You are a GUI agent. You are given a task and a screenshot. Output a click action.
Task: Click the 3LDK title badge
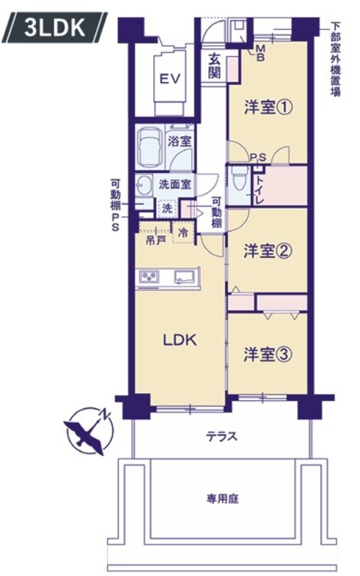[54, 28]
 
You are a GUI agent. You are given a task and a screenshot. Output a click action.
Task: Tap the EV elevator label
[170, 78]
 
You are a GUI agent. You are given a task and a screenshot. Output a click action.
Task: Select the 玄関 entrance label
[215, 66]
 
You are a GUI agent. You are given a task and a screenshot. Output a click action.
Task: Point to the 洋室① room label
[268, 108]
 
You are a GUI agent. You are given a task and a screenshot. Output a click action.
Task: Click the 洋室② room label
[268, 251]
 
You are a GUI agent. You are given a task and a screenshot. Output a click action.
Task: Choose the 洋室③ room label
[268, 355]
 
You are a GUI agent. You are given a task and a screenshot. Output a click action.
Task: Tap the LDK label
[180, 340]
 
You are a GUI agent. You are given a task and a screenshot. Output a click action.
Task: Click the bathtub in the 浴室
[150, 147]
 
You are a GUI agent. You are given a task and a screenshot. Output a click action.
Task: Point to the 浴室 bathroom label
[180, 141]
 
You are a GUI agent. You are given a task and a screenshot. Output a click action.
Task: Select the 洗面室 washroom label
[175, 184]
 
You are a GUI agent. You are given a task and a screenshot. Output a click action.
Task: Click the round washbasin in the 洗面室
[144, 184]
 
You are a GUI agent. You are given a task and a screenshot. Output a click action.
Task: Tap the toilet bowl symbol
[239, 179]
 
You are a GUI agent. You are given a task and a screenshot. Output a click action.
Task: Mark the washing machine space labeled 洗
[167, 208]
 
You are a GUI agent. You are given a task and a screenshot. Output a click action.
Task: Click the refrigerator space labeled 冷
[183, 233]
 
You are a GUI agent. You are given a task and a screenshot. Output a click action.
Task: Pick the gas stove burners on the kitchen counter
[148, 276]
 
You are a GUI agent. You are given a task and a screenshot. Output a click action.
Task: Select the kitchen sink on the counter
[185, 277]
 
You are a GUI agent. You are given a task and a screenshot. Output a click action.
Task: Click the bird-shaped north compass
[90, 432]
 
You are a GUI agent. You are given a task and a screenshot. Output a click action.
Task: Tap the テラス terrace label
[222, 436]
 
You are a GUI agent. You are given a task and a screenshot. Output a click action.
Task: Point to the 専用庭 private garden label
[223, 499]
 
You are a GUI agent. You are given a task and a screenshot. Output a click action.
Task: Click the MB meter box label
[260, 52]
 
